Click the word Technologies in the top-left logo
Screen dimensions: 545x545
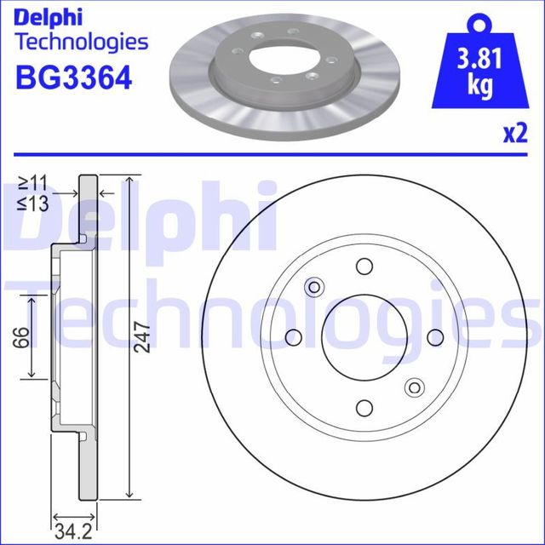82,42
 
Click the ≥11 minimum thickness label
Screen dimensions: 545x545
34,182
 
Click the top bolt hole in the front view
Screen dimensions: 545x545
364,266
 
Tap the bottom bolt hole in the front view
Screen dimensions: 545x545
364,407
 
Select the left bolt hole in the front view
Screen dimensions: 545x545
294,336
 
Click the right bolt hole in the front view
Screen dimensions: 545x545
435,336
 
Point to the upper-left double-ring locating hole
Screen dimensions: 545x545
314,286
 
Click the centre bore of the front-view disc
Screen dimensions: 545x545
364,336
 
